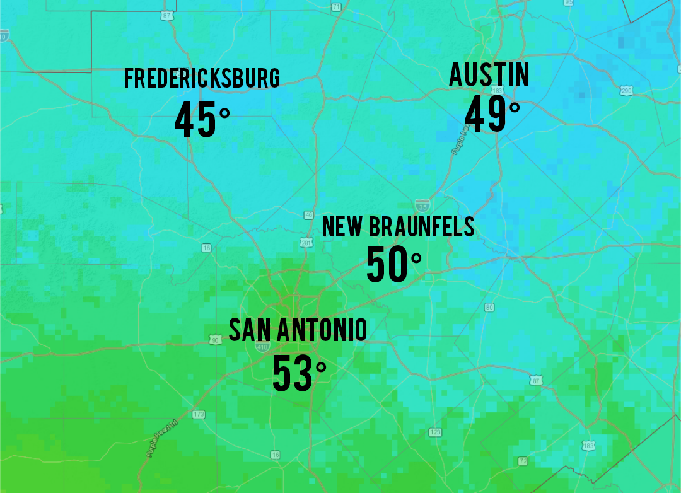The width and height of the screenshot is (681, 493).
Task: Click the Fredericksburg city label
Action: click(202, 79)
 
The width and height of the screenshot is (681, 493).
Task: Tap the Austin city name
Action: click(489, 75)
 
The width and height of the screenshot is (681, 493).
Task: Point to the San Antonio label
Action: click(298, 330)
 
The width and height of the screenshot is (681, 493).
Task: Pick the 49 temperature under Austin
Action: click(486, 114)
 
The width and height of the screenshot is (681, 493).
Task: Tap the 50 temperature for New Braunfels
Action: click(387, 265)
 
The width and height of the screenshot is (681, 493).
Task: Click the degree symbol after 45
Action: click(224, 113)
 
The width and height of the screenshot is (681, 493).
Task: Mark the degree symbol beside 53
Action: click(321, 366)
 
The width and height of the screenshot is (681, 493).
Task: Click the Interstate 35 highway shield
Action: click(422, 205)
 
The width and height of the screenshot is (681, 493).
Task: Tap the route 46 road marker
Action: click(308, 215)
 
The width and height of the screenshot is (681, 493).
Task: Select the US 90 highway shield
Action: click(214, 340)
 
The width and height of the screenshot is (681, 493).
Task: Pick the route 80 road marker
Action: click(489, 308)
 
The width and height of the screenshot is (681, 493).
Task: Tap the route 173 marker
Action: click(199, 414)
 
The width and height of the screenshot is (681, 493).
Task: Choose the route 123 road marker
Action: click(435, 432)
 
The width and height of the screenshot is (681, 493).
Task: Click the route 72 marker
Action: click(523, 461)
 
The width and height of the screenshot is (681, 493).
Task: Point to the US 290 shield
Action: click(627, 91)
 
